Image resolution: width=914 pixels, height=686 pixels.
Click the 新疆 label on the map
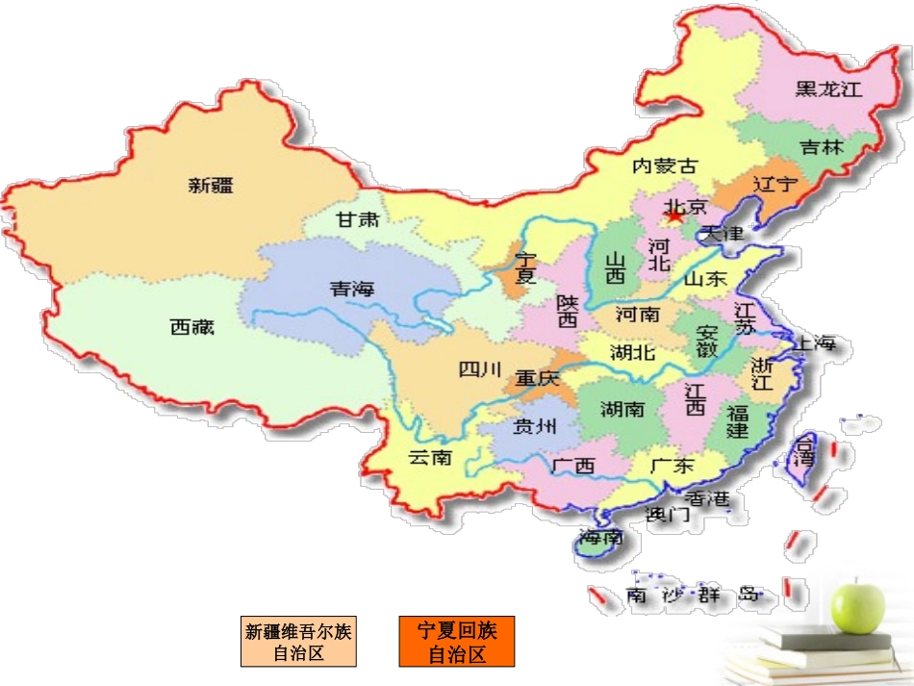pos(211,186)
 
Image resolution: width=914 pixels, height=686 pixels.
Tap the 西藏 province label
pos(191,327)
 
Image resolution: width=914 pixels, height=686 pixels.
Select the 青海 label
pos(351,289)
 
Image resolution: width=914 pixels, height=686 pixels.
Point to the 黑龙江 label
pos(827,89)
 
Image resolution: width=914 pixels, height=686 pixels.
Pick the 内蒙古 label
pos(664,165)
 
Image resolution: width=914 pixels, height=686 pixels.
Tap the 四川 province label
pos(480,369)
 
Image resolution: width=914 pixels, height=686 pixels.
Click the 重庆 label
pos(537,379)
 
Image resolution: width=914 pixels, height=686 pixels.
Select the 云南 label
pos(429,457)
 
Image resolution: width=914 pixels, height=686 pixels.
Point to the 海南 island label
pos(601,537)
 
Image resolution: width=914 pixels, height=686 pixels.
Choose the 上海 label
pos(814,343)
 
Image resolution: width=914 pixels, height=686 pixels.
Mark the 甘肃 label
pos(358,219)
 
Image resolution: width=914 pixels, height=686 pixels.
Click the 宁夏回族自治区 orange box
pos(457,643)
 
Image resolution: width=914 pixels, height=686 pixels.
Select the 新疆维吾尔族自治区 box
pos(298,643)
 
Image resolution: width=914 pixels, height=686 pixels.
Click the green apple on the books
pos(858,604)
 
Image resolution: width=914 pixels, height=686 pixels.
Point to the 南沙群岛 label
pos(693,596)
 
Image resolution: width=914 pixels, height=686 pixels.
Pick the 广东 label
pos(672,466)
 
